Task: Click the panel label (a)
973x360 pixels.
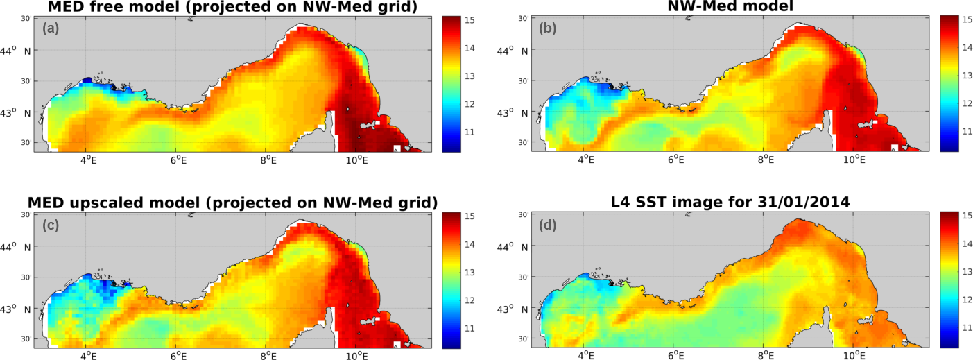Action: click(51, 28)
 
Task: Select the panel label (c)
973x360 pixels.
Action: click(51, 225)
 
